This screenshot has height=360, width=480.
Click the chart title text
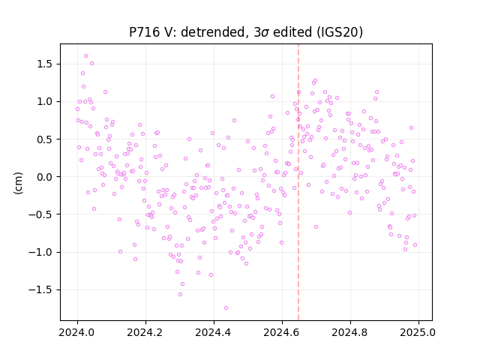(x=246, y=31)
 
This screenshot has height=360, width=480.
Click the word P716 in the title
(x=144, y=31)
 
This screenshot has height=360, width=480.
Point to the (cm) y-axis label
(x=18, y=183)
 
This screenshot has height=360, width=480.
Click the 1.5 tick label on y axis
(x=45, y=64)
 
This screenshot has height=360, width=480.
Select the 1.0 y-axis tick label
(x=45, y=102)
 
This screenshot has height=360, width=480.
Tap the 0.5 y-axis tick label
(x=45, y=139)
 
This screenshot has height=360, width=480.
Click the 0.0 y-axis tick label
(x=45, y=177)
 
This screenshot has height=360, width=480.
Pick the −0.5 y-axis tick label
(x=41, y=214)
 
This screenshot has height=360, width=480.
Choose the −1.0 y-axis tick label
(x=41, y=252)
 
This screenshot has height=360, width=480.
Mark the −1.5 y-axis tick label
(x=41, y=290)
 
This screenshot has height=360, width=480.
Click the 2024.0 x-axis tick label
(x=77, y=332)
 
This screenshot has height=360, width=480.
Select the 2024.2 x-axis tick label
(x=145, y=332)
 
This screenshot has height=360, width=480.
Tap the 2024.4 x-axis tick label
(x=214, y=332)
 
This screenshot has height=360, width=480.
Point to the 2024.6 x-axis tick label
(x=282, y=332)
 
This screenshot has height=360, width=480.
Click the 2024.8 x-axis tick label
(x=350, y=332)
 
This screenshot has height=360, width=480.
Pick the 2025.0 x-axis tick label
(x=418, y=332)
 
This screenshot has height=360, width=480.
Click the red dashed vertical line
(x=298, y=182)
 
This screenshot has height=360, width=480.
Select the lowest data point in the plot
(x=226, y=308)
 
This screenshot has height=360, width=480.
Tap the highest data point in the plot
(x=85, y=56)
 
